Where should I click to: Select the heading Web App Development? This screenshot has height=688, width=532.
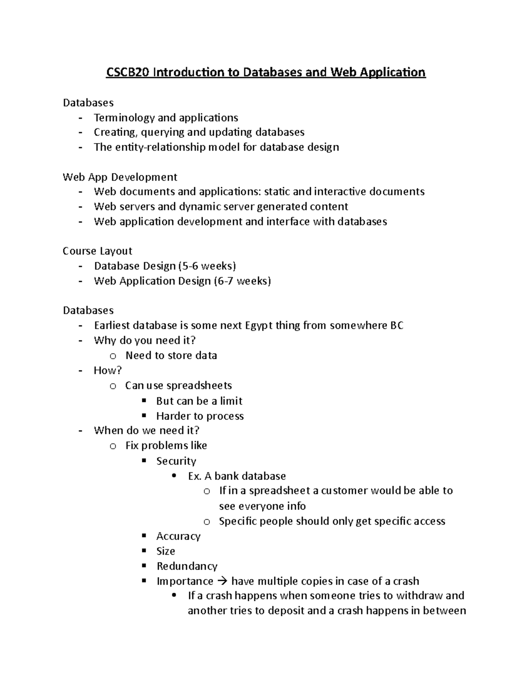pyautogui.click(x=120, y=177)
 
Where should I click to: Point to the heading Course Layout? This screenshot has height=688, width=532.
pyautogui.click(x=98, y=251)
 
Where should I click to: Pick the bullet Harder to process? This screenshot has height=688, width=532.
pyautogui.click(x=200, y=416)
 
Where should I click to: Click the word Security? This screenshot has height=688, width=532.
pyautogui.click(x=176, y=461)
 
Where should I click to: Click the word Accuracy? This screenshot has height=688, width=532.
pyautogui.click(x=178, y=536)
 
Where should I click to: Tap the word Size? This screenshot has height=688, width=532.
pyautogui.click(x=166, y=552)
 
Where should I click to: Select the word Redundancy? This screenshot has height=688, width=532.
pyautogui.click(x=187, y=567)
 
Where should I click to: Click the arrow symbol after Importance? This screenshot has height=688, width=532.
pyautogui.click(x=222, y=581)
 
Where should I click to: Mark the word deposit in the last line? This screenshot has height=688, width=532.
pyautogui.click(x=286, y=611)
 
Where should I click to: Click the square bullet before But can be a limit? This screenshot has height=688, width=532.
pyautogui.click(x=144, y=400)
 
